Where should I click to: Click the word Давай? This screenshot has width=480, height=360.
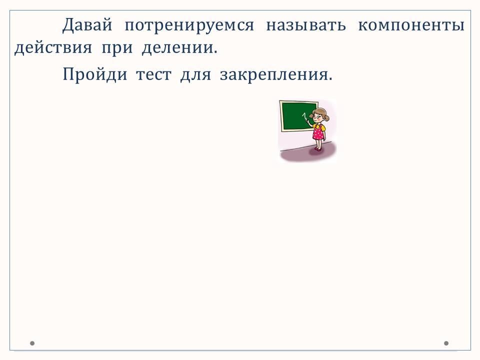click(87, 24)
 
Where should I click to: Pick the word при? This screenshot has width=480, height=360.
click(117, 49)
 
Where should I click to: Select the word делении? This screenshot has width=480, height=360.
click(179, 48)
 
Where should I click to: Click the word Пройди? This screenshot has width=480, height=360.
click(95, 74)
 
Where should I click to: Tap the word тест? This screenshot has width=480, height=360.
click(153, 75)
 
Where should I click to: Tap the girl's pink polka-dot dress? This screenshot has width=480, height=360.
click(318, 132)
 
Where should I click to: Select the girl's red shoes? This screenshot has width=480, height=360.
click(318, 149)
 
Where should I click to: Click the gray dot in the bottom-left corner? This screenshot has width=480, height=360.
click(32, 343)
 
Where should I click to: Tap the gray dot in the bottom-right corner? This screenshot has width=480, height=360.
click(446, 343)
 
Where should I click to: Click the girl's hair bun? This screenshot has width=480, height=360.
click(327, 117)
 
